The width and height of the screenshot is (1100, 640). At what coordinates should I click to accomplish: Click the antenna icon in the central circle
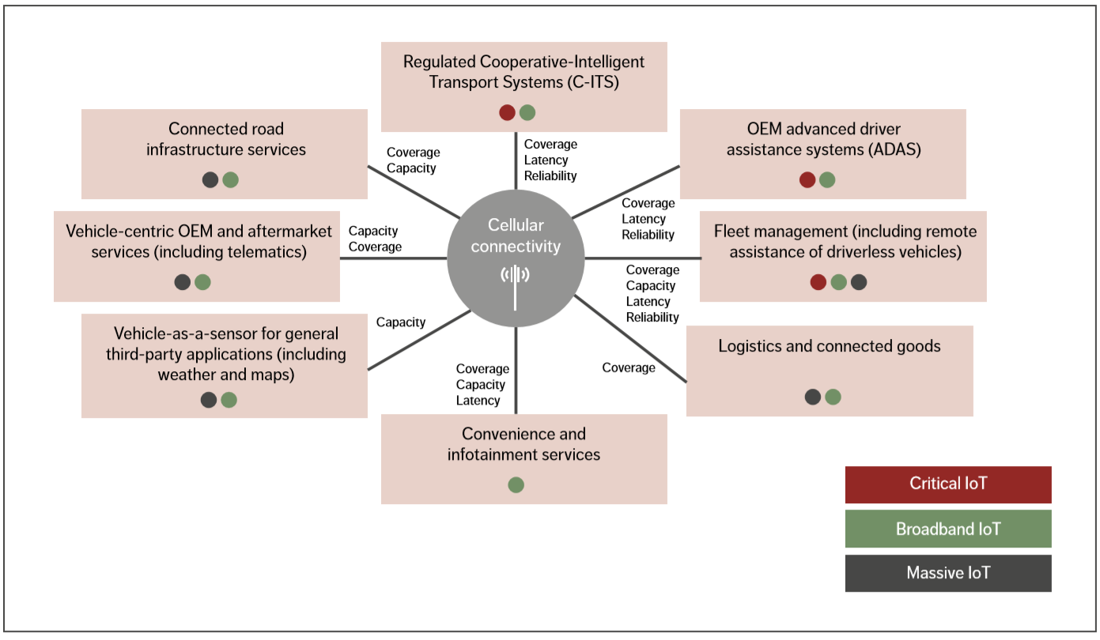[x=516, y=277]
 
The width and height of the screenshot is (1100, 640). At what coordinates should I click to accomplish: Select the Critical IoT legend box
[x=948, y=484]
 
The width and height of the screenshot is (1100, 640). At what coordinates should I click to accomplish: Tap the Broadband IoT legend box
[x=948, y=529]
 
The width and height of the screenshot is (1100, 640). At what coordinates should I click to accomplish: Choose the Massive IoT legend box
[x=948, y=573]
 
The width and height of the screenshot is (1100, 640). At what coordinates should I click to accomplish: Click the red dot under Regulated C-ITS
[x=507, y=112]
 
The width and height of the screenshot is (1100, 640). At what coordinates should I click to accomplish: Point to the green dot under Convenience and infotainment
[x=516, y=485]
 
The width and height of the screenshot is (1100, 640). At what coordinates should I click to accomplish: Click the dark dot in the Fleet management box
[x=859, y=282]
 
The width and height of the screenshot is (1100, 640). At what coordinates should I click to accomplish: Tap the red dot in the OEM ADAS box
[x=807, y=179]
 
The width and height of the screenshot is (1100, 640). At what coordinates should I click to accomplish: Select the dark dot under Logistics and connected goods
[x=812, y=397]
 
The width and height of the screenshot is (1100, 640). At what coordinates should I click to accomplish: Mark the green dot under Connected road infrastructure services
[x=230, y=179]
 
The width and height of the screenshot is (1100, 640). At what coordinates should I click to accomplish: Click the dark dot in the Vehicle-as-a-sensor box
[x=209, y=400]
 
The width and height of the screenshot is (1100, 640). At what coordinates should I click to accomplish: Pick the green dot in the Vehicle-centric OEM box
[x=203, y=282]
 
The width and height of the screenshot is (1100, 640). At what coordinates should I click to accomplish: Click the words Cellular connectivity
[x=516, y=235]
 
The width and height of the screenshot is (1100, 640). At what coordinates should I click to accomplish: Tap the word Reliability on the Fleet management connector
[x=652, y=318]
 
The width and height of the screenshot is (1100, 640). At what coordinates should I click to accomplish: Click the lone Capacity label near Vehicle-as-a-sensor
[x=401, y=322]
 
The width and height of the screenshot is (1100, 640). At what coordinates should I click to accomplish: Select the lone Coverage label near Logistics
[x=629, y=367]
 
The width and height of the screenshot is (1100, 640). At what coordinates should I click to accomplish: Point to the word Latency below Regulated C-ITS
[x=546, y=160]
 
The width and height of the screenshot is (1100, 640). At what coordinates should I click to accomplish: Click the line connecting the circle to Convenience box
[x=516, y=371]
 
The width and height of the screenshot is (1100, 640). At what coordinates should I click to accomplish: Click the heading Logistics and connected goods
[x=829, y=346]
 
